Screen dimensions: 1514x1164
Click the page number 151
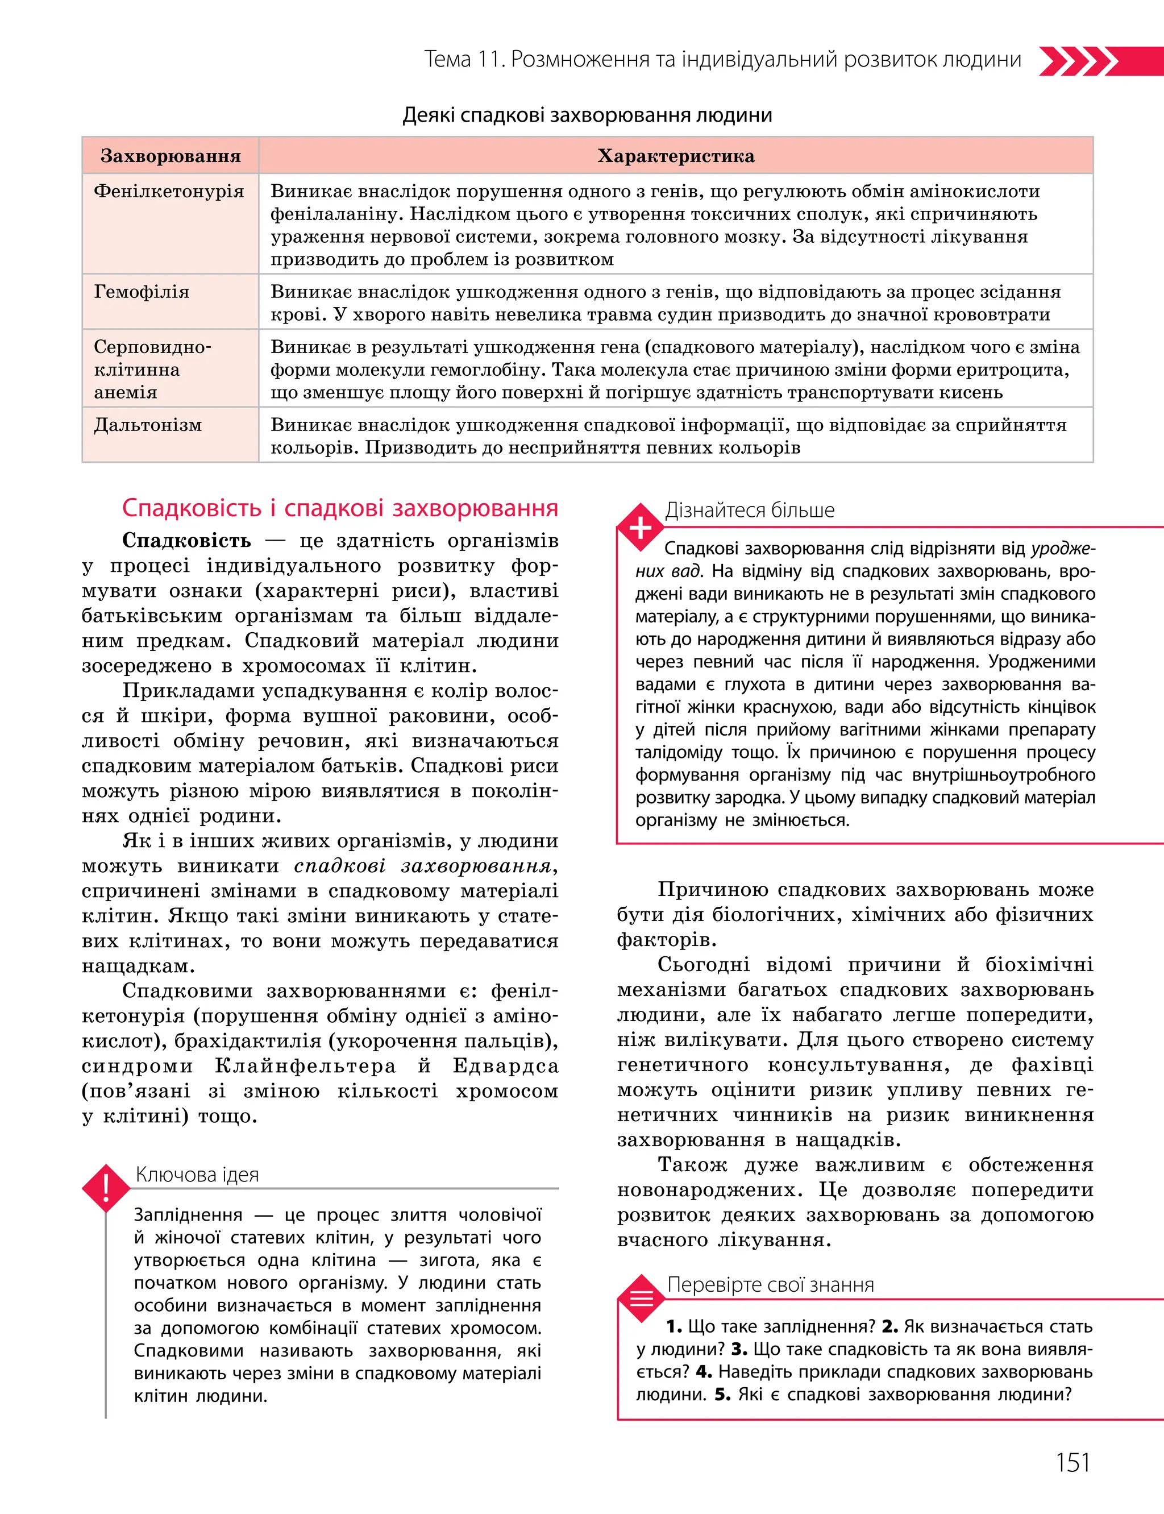1072,1462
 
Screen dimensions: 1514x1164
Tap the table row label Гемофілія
142,292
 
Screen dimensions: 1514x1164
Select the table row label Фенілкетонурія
168,191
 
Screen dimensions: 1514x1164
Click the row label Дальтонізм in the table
148,425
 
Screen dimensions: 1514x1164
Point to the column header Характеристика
676,156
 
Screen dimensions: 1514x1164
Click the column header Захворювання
171,156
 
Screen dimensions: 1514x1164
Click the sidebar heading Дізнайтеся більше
750,511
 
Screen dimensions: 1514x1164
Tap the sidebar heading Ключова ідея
197,1175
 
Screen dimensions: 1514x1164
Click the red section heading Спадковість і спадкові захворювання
339,508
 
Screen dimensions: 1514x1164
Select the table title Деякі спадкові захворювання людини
587,115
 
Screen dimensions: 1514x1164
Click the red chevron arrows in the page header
1078,61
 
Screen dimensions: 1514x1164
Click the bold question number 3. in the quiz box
739,1349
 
